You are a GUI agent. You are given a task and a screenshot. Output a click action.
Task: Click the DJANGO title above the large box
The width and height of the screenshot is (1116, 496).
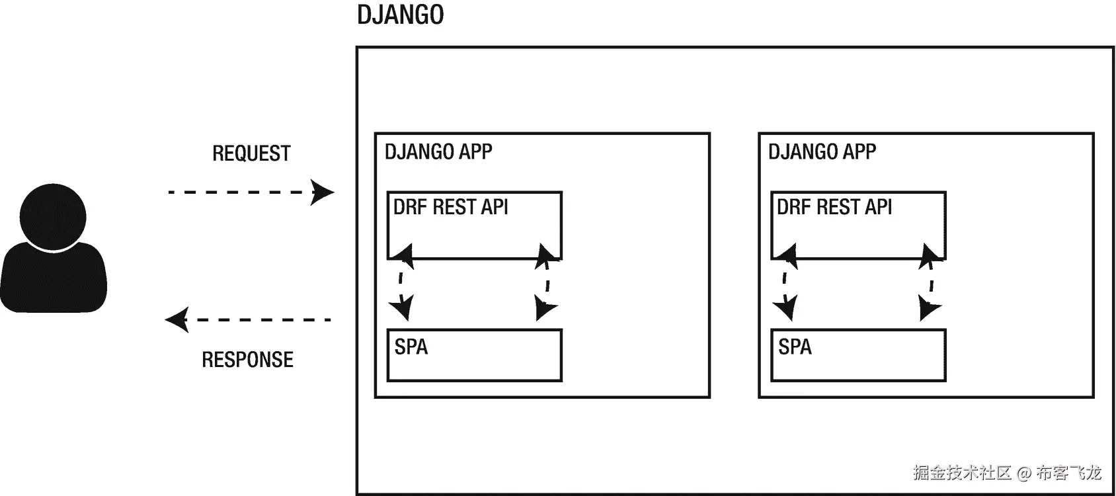point(400,15)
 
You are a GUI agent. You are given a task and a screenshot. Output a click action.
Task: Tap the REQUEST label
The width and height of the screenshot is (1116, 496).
point(251,153)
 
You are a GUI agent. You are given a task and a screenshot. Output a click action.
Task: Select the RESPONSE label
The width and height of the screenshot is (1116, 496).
point(247,360)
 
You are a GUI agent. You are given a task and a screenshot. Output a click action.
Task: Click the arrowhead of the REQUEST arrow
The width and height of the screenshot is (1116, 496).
point(323,192)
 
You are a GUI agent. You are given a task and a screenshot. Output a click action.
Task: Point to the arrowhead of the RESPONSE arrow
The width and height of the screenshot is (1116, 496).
point(177,320)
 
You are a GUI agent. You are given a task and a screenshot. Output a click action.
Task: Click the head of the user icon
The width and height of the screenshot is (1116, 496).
point(53,217)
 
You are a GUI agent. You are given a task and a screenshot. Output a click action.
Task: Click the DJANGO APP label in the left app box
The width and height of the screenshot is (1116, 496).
point(438,151)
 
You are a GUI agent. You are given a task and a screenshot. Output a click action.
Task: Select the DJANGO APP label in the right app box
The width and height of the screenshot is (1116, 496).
point(822,151)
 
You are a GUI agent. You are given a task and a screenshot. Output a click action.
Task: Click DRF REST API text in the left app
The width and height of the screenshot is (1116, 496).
point(451,207)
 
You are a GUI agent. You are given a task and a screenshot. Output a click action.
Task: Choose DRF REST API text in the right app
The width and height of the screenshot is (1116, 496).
point(834,207)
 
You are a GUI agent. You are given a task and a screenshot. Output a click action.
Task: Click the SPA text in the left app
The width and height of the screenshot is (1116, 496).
point(411,347)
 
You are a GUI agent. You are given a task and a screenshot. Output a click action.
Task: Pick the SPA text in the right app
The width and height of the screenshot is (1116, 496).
point(795,347)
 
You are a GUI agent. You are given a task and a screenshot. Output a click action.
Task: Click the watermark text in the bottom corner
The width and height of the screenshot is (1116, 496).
point(1007,472)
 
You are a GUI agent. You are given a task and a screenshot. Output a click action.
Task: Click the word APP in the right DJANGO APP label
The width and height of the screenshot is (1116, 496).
point(859,151)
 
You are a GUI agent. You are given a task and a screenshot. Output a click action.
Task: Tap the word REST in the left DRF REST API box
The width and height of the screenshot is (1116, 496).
point(454,207)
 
